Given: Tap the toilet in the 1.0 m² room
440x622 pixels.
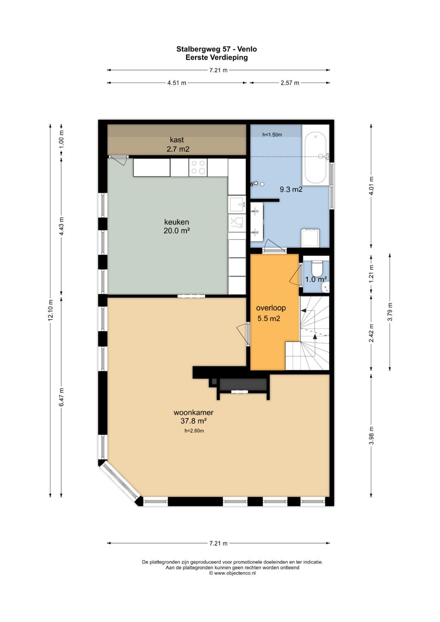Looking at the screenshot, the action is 317,268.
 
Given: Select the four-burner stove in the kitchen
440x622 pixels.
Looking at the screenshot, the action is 198,167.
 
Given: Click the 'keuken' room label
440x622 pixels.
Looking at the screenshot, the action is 177,222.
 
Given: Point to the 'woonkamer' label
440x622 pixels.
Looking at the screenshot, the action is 194,412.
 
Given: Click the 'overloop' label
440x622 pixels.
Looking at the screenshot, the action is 271,308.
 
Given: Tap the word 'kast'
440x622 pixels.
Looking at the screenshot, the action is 177,140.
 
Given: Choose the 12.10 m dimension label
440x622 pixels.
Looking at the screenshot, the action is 50,310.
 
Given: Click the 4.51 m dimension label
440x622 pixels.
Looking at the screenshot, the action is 177,83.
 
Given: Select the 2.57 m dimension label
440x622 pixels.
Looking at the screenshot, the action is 290,83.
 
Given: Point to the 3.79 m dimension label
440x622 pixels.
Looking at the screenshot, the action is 390,312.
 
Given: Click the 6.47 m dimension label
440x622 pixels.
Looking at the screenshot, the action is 62,397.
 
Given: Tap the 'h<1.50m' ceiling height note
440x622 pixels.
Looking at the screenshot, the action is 272,135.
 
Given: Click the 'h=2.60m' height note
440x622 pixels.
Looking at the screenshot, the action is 194,431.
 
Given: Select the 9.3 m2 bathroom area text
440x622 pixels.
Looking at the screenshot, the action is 291,190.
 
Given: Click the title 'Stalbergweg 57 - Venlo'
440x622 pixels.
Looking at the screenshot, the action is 217,49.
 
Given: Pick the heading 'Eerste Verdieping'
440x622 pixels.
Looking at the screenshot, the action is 217,58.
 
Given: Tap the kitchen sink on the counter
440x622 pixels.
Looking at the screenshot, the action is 237,204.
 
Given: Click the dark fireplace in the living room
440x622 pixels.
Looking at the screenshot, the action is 243,384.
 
